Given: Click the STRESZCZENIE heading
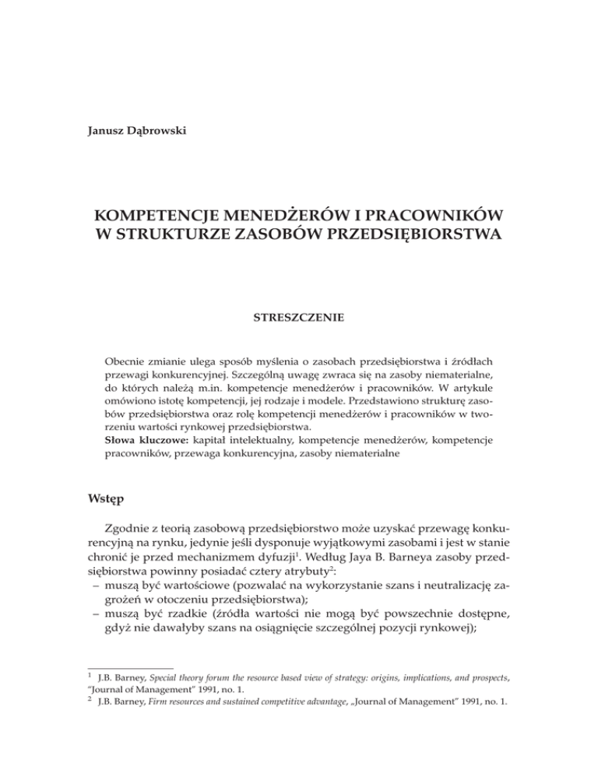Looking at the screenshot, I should click(x=298, y=318).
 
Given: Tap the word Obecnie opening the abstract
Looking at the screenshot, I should click(x=128, y=364).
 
